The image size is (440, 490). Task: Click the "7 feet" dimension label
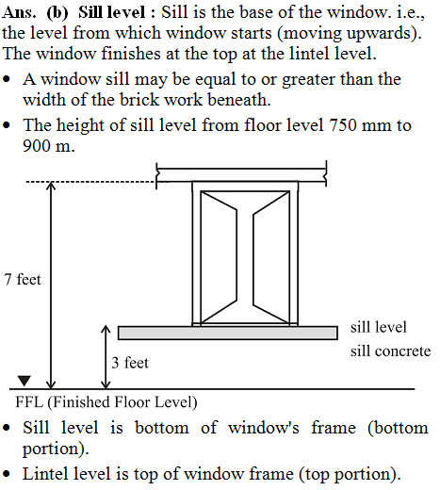pos(23,279)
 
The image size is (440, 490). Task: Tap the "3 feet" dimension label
pos(130,363)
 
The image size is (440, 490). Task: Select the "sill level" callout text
pos(379,327)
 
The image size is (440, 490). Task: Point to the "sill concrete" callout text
pos(390,351)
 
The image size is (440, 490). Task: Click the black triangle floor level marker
pos(24,381)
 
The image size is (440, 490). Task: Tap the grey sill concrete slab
pos(228,333)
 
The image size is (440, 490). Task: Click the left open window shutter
pos(219,257)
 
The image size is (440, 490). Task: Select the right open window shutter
pos(270,257)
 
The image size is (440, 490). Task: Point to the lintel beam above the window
pos(241,175)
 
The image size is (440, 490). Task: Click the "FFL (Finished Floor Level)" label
pos(106,402)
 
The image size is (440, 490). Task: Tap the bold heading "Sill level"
pos(112,12)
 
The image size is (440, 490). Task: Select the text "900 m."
pos(49,146)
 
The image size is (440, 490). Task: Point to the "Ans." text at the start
pos(18,12)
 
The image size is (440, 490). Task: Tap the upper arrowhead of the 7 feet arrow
pos(51,186)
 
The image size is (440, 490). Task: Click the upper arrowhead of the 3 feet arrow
pos(106,329)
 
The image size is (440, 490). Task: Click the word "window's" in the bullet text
pos(264,428)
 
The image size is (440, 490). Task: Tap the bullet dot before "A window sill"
pos(7,79)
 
